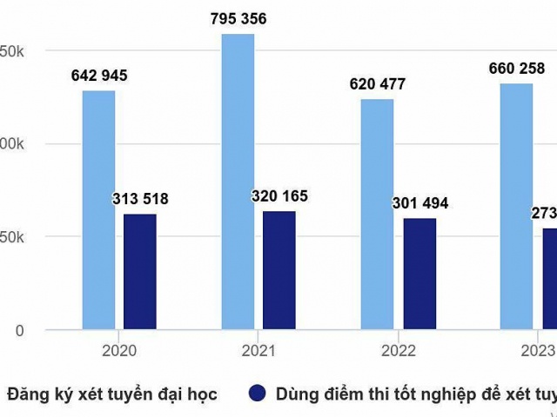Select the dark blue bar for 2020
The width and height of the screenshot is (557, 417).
(x=139, y=272)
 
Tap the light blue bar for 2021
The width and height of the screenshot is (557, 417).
(x=238, y=182)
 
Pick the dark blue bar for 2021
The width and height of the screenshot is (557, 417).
(x=278, y=270)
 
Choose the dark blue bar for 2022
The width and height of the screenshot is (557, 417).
(x=419, y=274)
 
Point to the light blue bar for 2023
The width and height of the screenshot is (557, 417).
(x=516, y=207)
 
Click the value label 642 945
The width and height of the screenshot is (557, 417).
(x=98, y=76)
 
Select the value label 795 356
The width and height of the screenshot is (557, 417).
(x=238, y=18)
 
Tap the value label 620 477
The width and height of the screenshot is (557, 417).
(x=377, y=84)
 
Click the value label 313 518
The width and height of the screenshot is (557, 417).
(x=140, y=199)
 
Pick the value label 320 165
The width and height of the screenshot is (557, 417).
(x=279, y=196)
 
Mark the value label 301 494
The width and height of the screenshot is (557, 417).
(x=419, y=203)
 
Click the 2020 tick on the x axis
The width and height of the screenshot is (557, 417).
(x=119, y=351)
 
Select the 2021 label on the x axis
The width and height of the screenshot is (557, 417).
(x=258, y=351)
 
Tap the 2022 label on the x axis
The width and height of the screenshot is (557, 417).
(x=398, y=351)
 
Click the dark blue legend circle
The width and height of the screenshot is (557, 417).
(x=258, y=394)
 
